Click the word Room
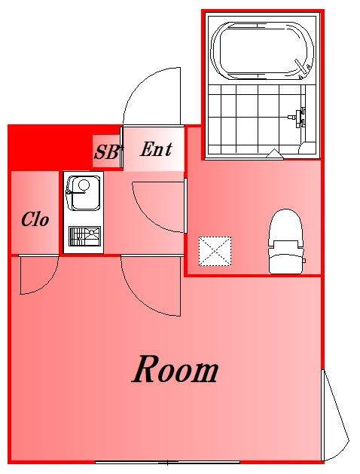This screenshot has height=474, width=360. [x=175, y=370]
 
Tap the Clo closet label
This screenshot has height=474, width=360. [x=35, y=219]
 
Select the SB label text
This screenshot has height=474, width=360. [x=106, y=151]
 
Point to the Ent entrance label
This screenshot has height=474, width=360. [x=156, y=149]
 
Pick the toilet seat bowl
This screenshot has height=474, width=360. [x=286, y=225]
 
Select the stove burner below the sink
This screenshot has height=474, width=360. [x=84, y=236]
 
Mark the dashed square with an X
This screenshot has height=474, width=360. [x=215, y=250]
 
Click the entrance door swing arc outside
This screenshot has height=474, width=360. [x=154, y=94]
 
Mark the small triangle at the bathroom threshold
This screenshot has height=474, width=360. [x=273, y=154]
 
